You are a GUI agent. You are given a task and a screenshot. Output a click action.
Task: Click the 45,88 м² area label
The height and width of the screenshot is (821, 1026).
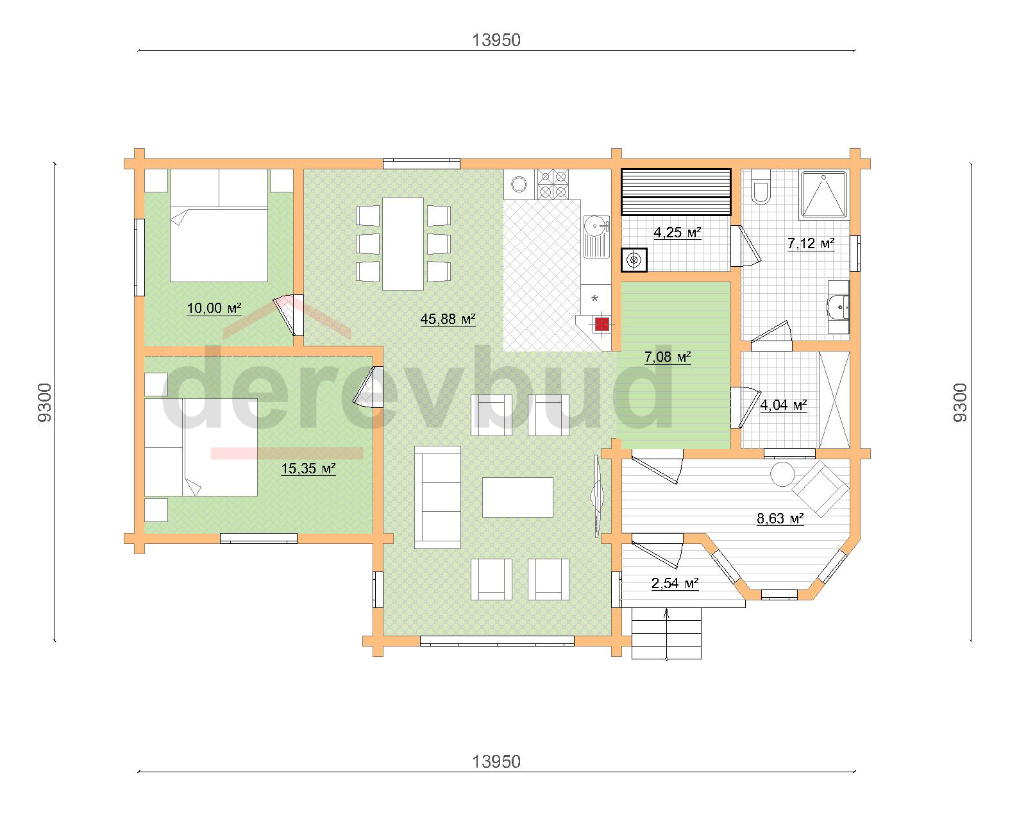(x=448, y=319)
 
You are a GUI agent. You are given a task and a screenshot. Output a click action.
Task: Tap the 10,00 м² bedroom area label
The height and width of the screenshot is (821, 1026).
(x=214, y=308)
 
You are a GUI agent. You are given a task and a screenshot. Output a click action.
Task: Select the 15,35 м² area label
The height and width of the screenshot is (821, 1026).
(x=308, y=468)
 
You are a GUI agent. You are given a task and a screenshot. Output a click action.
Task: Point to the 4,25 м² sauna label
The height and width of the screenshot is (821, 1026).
(x=677, y=232)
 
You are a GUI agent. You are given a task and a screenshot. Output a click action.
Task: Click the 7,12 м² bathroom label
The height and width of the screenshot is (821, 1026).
(x=811, y=243)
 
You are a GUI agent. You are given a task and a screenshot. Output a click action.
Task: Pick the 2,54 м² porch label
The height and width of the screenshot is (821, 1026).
(x=675, y=583)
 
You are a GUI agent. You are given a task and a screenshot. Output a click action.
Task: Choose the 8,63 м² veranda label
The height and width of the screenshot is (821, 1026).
(x=780, y=518)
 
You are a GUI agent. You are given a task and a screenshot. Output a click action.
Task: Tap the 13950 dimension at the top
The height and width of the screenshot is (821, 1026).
(x=496, y=40)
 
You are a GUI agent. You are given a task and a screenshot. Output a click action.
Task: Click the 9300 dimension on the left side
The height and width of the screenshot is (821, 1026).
(x=44, y=402)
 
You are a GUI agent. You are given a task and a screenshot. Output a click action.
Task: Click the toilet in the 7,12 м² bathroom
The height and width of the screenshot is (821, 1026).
(x=760, y=187)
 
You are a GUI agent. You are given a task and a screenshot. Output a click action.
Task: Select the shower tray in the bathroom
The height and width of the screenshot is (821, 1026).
(x=825, y=194)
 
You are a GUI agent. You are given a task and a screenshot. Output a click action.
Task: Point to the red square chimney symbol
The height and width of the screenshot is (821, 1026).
(x=602, y=324)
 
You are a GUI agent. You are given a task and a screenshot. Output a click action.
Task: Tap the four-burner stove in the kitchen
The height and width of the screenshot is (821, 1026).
(x=553, y=184)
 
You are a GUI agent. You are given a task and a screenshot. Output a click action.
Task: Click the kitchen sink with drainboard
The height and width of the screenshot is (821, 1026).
(x=596, y=237)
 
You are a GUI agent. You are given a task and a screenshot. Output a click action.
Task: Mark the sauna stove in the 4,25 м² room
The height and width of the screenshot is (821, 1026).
(x=634, y=260)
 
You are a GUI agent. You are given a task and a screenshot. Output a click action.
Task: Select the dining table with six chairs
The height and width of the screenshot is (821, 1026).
(x=403, y=244)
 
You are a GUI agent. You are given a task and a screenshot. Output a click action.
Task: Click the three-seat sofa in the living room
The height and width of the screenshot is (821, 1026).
(x=437, y=497)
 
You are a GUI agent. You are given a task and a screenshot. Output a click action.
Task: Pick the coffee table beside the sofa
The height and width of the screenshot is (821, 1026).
(x=517, y=497)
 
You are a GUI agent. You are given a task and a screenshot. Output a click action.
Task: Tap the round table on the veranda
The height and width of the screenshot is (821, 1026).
(x=782, y=474)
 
